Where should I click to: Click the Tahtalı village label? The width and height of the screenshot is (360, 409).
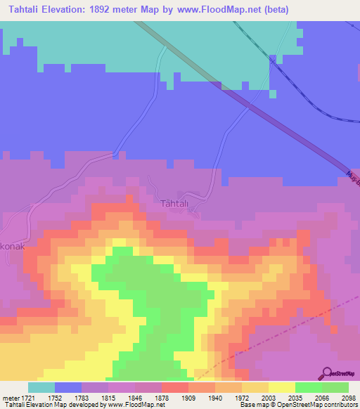pos(176,204)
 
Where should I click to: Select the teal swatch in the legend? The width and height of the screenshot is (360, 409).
pos(41,387)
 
